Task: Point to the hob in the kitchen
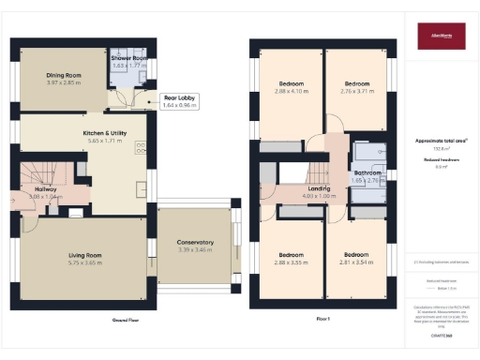[140, 145]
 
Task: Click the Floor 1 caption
[322, 320]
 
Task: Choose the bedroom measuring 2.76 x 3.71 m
[356, 87]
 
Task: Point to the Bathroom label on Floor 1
[367, 173]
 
